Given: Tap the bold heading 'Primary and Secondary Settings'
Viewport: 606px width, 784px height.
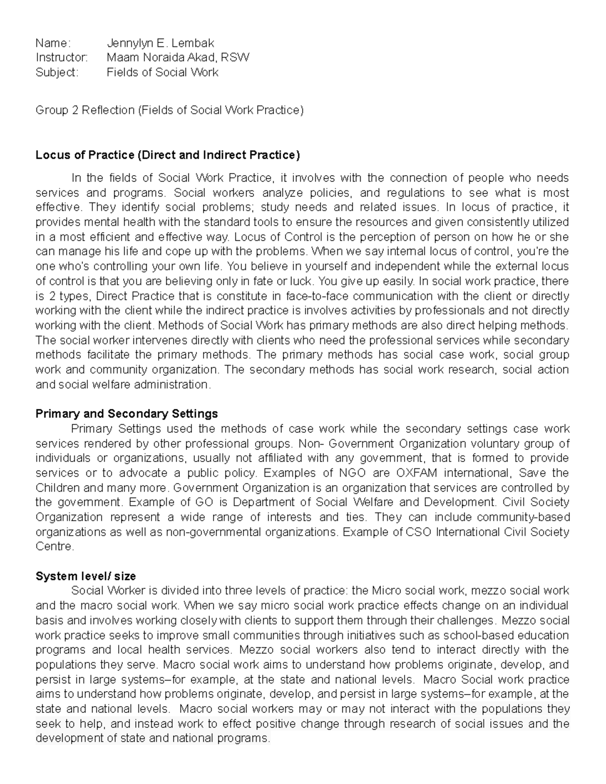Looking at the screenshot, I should pos(126,414).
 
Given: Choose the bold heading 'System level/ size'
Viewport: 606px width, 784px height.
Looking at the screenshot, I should pos(85,576).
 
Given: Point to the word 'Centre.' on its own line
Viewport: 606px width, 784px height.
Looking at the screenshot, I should pos(55,547).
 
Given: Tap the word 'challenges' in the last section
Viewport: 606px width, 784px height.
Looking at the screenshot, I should pos(465,620).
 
